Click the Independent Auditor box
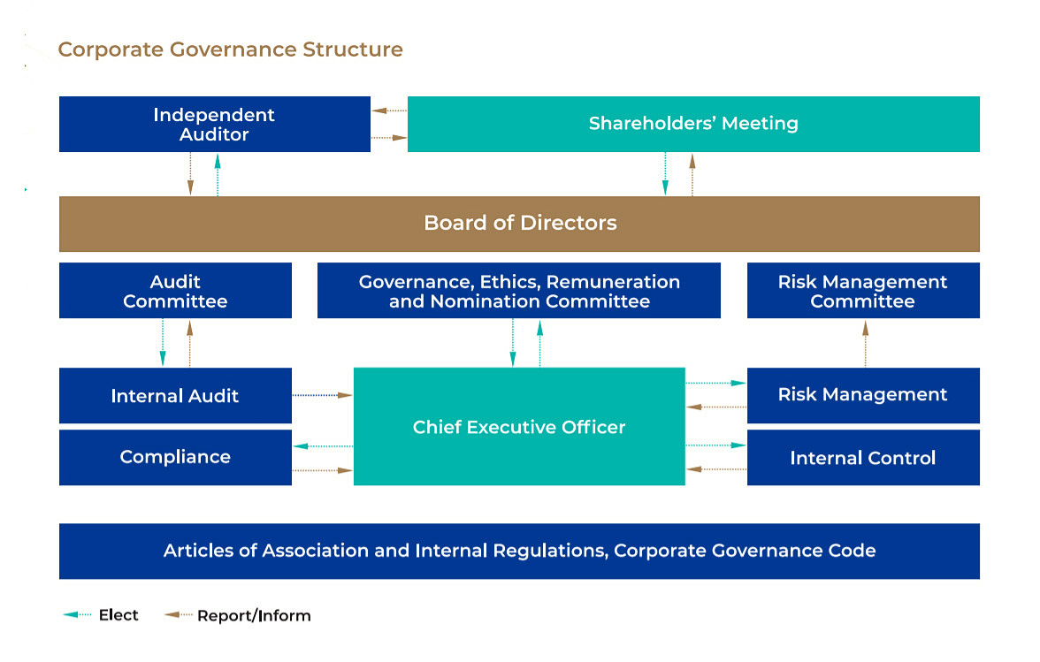tap(214, 125)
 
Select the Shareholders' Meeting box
tap(693, 124)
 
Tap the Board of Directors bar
tap(519, 223)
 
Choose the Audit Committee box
tap(175, 291)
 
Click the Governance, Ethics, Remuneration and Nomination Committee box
tap(519, 291)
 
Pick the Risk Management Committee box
tap(862, 291)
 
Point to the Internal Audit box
tap(175, 396)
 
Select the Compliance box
tap(175, 457)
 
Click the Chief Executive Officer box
tap(519, 427)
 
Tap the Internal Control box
tap(862, 458)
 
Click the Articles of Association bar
tap(519, 551)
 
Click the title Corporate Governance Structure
tap(230, 49)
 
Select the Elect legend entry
tap(101, 615)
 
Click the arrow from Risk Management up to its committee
tap(865, 343)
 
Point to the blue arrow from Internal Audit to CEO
tap(322, 395)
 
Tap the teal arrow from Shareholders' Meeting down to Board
tap(665, 173)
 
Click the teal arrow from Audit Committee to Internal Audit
tap(163, 343)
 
